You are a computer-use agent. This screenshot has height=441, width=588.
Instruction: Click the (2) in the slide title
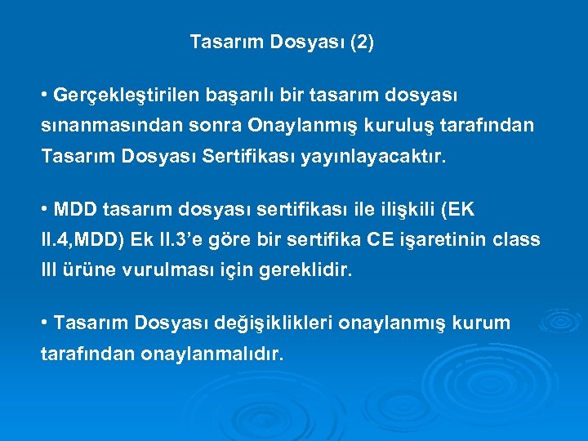(361, 42)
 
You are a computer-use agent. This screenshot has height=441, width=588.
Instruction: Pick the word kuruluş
(397, 127)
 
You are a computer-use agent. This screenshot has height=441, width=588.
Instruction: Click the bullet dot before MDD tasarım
(44, 210)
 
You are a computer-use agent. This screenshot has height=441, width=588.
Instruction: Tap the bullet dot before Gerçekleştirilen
(44, 96)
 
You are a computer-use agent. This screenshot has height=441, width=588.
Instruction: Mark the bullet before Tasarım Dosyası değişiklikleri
(44, 323)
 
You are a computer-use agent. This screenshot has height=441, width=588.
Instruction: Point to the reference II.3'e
(184, 240)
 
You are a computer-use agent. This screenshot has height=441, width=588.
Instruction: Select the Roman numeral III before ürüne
(50, 270)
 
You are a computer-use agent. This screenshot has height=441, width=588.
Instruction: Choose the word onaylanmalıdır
(212, 354)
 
